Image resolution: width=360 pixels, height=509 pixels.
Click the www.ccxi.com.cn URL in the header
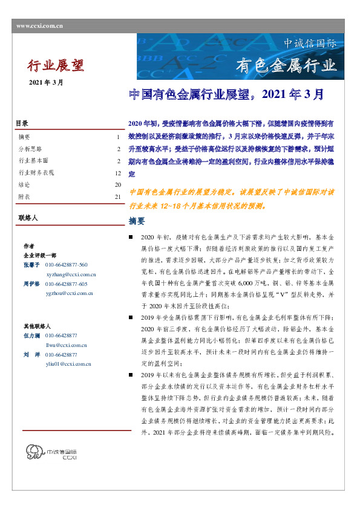point(39,25)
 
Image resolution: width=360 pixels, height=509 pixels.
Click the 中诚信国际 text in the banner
point(310,44)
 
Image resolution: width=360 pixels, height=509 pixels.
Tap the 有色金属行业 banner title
point(285,65)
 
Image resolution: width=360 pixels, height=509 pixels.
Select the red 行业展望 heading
point(56,64)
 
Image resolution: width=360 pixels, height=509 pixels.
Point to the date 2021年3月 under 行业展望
point(46,82)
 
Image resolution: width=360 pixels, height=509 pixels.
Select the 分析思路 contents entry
point(30,149)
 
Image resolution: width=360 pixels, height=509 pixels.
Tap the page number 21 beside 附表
point(118,197)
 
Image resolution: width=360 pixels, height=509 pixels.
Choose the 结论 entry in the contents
point(24,185)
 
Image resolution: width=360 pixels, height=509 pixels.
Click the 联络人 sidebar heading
point(27,216)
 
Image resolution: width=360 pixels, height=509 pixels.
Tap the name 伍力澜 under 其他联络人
point(31,336)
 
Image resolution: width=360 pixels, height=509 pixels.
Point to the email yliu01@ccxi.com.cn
point(68,365)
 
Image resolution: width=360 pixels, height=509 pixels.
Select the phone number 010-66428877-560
point(67,265)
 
